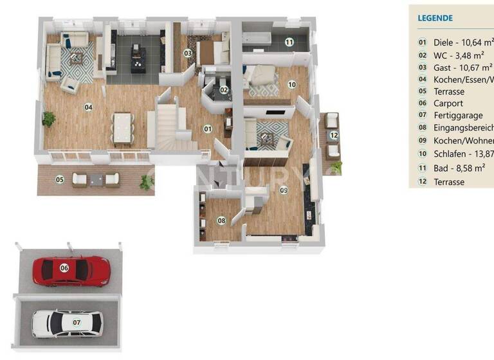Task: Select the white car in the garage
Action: click(66, 322)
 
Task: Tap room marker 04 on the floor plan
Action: click(88, 107)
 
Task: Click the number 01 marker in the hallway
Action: click(208, 129)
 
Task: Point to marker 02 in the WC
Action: click(224, 90)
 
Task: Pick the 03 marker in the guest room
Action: click(188, 53)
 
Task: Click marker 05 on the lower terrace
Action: click(60, 179)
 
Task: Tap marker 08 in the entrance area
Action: click(222, 221)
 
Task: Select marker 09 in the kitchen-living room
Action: click(284, 190)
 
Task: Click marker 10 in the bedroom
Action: click(291, 84)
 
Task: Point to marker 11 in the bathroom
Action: click(289, 42)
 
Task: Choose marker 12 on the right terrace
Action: click(333, 135)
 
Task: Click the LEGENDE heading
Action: click(435, 18)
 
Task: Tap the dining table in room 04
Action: click(123, 127)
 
